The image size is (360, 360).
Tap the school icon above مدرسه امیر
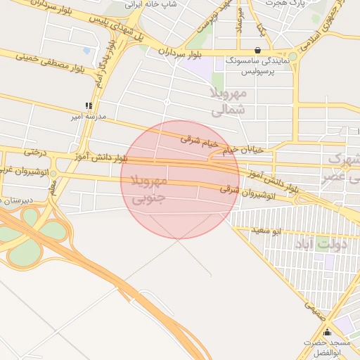pos(89,105)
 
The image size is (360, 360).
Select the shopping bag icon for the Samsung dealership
pos(258,51)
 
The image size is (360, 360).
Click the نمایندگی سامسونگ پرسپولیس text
pos(258,67)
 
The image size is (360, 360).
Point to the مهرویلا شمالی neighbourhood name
pos(230,101)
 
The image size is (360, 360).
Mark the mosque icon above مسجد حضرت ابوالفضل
pos(326,333)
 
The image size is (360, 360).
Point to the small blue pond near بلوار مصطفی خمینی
pos(86,51)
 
